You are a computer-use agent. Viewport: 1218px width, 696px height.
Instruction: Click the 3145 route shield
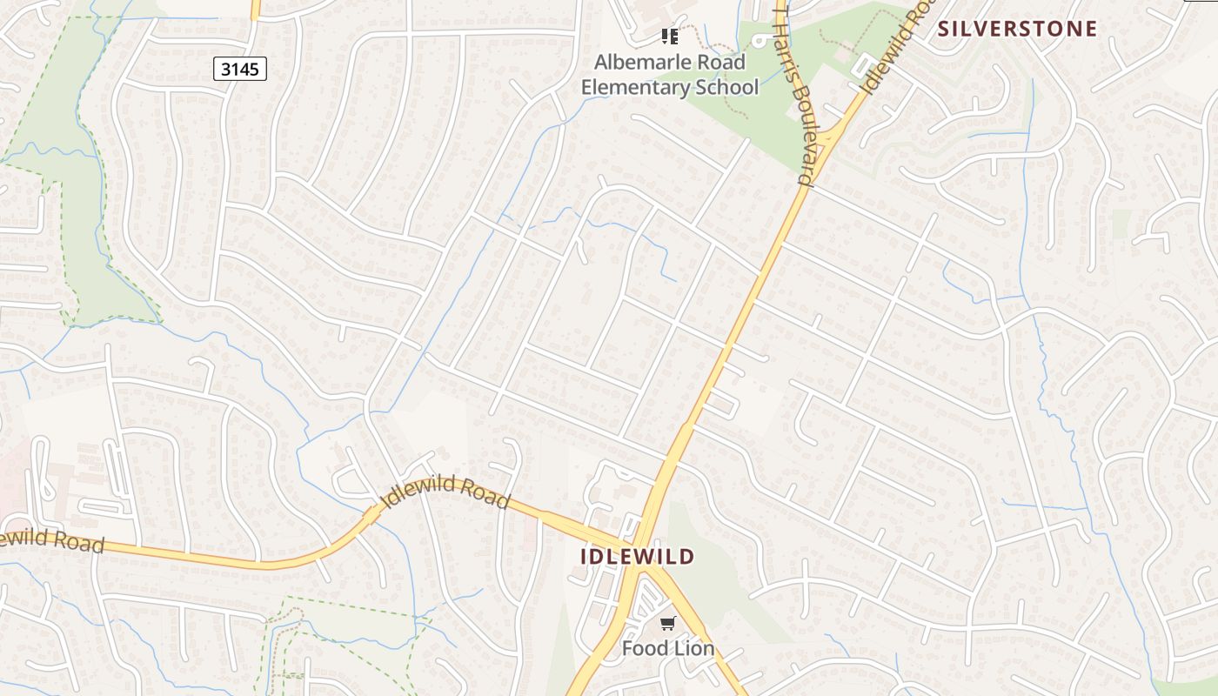pos(239,69)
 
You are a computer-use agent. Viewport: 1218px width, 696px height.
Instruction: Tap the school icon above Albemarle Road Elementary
pos(669,37)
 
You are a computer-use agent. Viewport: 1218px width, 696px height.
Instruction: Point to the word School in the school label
pos(727,87)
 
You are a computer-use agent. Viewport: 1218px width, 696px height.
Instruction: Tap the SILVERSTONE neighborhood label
pos(1017,29)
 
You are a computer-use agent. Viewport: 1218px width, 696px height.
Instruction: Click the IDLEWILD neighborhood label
pos(638,557)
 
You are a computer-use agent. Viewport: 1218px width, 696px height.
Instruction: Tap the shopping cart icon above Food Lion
pos(667,623)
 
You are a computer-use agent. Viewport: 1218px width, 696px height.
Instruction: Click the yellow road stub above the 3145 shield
pos(255,10)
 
